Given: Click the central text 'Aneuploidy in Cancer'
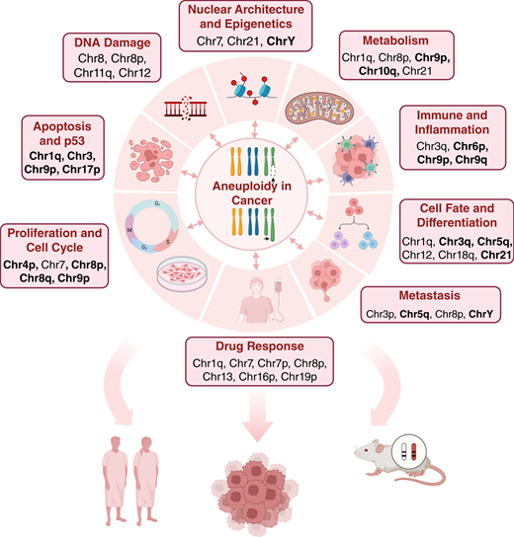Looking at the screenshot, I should [x=255, y=194].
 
